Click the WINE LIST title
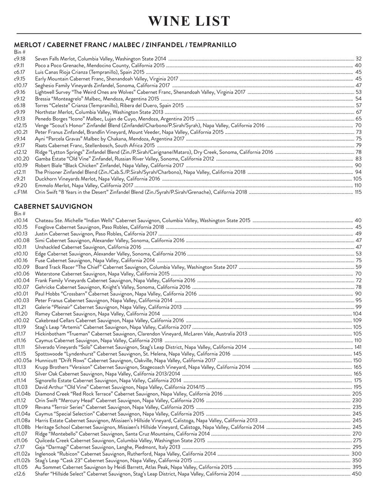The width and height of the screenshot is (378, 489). [x=189, y=21]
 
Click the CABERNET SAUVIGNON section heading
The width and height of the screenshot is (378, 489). [x=53, y=206]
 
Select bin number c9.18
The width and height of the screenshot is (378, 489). [x=20, y=59]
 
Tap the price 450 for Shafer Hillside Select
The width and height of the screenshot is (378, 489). [x=356, y=474]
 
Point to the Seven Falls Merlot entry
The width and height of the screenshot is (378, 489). [x=101, y=59]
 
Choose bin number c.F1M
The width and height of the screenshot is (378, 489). [x=20, y=192]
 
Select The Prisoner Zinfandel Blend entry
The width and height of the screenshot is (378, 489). [x=140, y=172]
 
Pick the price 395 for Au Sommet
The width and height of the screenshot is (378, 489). [x=357, y=467]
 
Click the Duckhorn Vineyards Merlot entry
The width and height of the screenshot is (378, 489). [x=98, y=179]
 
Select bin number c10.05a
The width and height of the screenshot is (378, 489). [x=23, y=360]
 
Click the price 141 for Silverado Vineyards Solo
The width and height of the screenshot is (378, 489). [x=358, y=347]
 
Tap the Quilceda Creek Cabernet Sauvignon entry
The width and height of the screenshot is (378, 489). [x=120, y=441]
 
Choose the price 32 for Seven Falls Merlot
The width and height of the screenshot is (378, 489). [x=359, y=59]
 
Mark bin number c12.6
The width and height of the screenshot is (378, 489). [x=19, y=474]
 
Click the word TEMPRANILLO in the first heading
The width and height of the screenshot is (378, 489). [x=212, y=45]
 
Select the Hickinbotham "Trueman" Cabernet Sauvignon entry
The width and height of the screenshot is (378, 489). [x=141, y=334]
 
